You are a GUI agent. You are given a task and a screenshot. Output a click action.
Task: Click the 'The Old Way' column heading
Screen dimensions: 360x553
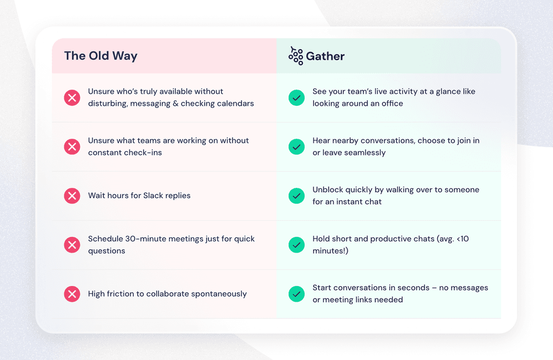click(100, 56)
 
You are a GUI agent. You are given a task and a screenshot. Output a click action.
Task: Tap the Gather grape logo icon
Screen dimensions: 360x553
click(295, 55)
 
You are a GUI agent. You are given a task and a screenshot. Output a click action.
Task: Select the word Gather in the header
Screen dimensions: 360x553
click(325, 56)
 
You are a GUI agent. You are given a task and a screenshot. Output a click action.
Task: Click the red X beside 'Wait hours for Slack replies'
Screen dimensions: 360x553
click(72, 195)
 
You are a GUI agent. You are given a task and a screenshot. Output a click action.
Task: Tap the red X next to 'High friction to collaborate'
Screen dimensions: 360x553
click(72, 294)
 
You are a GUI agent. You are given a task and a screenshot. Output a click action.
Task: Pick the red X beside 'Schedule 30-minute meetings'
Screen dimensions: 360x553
click(72, 244)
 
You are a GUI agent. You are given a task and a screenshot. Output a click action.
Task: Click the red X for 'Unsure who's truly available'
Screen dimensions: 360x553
click(72, 98)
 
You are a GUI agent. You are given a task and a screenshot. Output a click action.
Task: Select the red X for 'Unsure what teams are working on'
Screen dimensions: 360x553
click(72, 146)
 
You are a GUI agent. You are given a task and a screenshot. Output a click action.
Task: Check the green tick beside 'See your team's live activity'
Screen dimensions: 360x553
click(296, 98)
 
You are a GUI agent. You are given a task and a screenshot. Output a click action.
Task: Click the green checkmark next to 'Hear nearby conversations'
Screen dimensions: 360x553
click(296, 146)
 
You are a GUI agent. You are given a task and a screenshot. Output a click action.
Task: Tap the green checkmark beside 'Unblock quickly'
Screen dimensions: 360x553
click(296, 195)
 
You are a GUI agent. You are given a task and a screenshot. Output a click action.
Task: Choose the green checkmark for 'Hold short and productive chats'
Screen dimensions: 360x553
click(296, 244)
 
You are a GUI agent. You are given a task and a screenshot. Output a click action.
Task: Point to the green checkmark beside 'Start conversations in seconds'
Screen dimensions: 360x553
click(296, 294)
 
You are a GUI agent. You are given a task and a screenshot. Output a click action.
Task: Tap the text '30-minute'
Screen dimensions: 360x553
click(143, 239)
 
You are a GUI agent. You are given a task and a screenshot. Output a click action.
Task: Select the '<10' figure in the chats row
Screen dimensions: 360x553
click(461, 239)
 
